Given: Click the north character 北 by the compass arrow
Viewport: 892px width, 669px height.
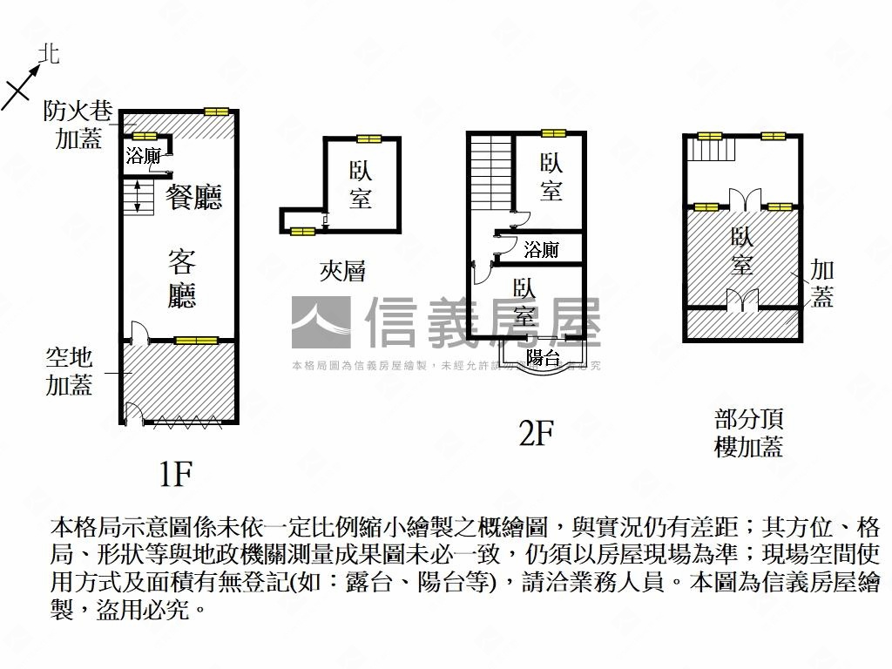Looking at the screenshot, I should point(50,55).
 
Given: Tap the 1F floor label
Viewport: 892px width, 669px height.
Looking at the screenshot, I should point(175,474).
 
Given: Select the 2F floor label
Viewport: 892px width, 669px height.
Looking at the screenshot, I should point(537,432).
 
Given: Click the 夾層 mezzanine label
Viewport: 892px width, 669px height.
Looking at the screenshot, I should point(341,272).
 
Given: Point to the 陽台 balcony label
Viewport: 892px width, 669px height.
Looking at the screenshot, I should point(543,357).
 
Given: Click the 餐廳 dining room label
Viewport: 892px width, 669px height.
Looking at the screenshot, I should point(194,197).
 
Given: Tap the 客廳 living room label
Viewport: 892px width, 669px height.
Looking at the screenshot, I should point(182,278).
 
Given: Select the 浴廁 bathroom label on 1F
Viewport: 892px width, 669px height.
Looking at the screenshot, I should point(143,157).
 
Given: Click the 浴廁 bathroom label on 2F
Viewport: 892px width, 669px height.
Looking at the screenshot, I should point(541,251).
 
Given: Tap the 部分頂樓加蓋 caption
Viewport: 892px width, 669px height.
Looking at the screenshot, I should point(748,432).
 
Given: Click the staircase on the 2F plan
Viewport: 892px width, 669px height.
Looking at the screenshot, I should point(490,170).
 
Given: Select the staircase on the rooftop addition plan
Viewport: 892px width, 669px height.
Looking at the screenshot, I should point(713,151).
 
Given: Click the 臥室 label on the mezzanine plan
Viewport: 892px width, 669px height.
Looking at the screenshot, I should point(361,185).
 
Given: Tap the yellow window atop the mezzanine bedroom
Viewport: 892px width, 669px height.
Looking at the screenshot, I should point(368,139).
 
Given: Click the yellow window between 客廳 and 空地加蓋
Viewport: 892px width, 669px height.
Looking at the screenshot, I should point(195,341).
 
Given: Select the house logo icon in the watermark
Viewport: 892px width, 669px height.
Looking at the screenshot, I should point(320,323).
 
